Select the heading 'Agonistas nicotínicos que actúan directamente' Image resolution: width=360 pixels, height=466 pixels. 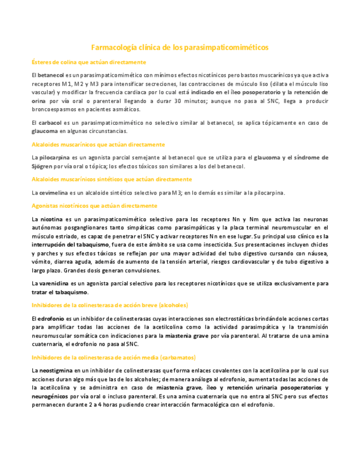[94, 206]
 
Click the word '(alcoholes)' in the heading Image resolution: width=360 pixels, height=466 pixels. [171, 305]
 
